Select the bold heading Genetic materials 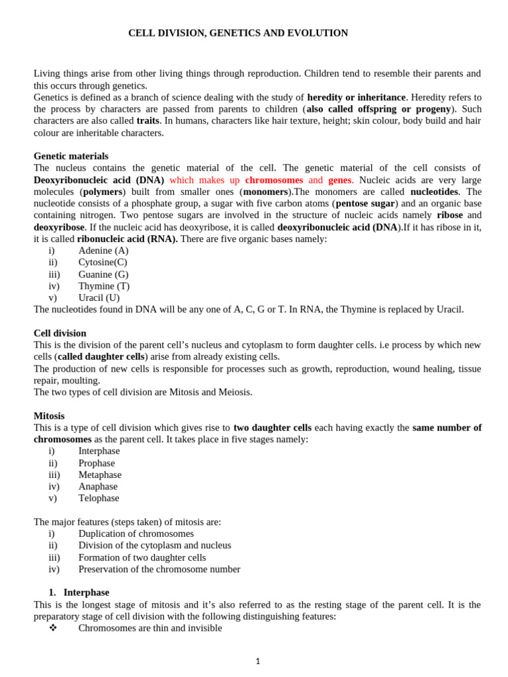pyautogui.click(x=71, y=156)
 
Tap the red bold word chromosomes pyautogui.click(x=274, y=180)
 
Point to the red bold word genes pyautogui.click(x=340, y=180)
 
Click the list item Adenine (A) pyautogui.click(x=103, y=251)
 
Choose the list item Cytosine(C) pyautogui.click(x=103, y=262)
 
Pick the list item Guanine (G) pyautogui.click(x=103, y=274)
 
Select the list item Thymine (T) pyautogui.click(x=104, y=286)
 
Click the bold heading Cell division pyautogui.click(x=60, y=333)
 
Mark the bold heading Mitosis pyautogui.click(x=49, y=416)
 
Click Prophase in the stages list pyautogui.click(x=97, y=463)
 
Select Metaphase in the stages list pyautogui.click(x=100, y=475)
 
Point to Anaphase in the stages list pyautogui.click(x=98, y=487)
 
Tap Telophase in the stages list pyautogui.click(x=99, y=498)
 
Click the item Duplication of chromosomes pyautogui.click(x=136, y=534)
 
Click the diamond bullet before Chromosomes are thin pyautogui.click(x=54, y=628)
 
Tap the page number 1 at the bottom pyautogui.click(x=258, y=661)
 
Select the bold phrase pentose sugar pyautogui.click(x=366, y=204)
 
